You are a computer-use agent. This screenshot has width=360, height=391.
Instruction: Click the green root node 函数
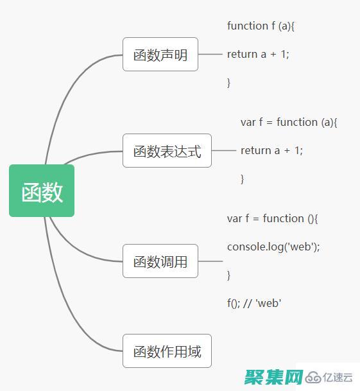pos(42,191)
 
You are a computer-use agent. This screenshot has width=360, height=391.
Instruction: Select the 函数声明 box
pos(160,55)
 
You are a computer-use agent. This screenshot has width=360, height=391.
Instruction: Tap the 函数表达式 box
pos(167,151)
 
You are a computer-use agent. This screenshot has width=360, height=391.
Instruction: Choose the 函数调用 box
pos(160,261)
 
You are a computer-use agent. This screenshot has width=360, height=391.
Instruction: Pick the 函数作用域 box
pos(167,351)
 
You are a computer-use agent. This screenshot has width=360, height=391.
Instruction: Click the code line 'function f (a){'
pos(260,26)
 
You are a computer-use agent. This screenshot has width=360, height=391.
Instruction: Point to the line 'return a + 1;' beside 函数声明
pos(258,54)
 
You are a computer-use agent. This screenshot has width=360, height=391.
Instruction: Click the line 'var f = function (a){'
pos(289,122)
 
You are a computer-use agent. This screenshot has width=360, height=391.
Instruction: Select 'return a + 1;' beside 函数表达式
pos(271,150)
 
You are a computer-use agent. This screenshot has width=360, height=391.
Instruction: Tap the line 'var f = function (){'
pos(272,218)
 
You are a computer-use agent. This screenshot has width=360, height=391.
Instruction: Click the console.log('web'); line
pos(273,247)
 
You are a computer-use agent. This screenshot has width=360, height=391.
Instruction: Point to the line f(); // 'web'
pos(254,303)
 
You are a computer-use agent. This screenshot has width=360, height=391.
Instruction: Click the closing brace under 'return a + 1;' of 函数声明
pos(228,82)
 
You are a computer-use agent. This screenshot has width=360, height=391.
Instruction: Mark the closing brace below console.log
pos(228,275)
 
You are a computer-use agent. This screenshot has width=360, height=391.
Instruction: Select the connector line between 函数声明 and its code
pos(210,55)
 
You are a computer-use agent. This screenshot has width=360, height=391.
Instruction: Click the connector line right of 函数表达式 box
pos(224,151)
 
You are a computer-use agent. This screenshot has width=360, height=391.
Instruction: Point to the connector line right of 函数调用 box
pos(210,261)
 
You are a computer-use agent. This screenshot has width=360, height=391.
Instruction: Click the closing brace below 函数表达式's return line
pos(242,178)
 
